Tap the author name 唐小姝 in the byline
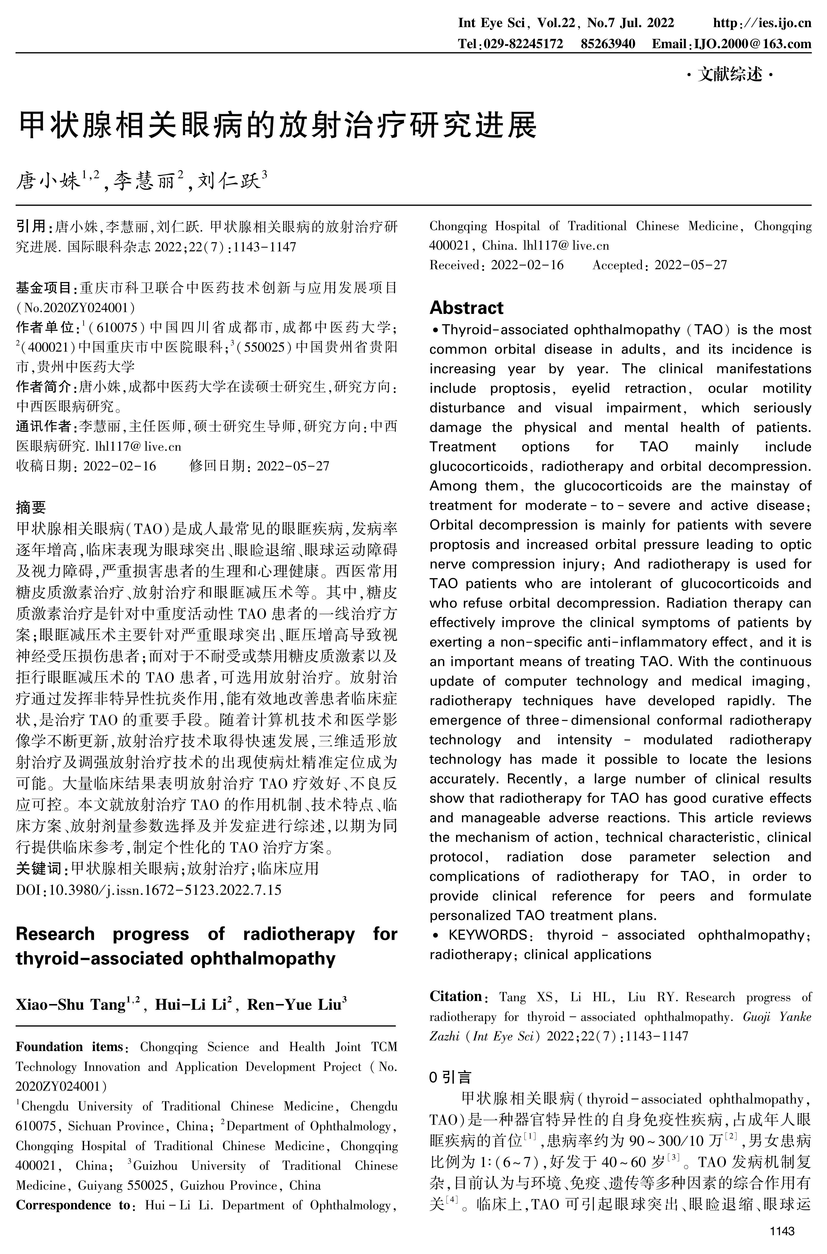(x=48, y=183)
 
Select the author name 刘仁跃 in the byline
(x=228, y=183)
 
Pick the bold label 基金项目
(x=44, y=288)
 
